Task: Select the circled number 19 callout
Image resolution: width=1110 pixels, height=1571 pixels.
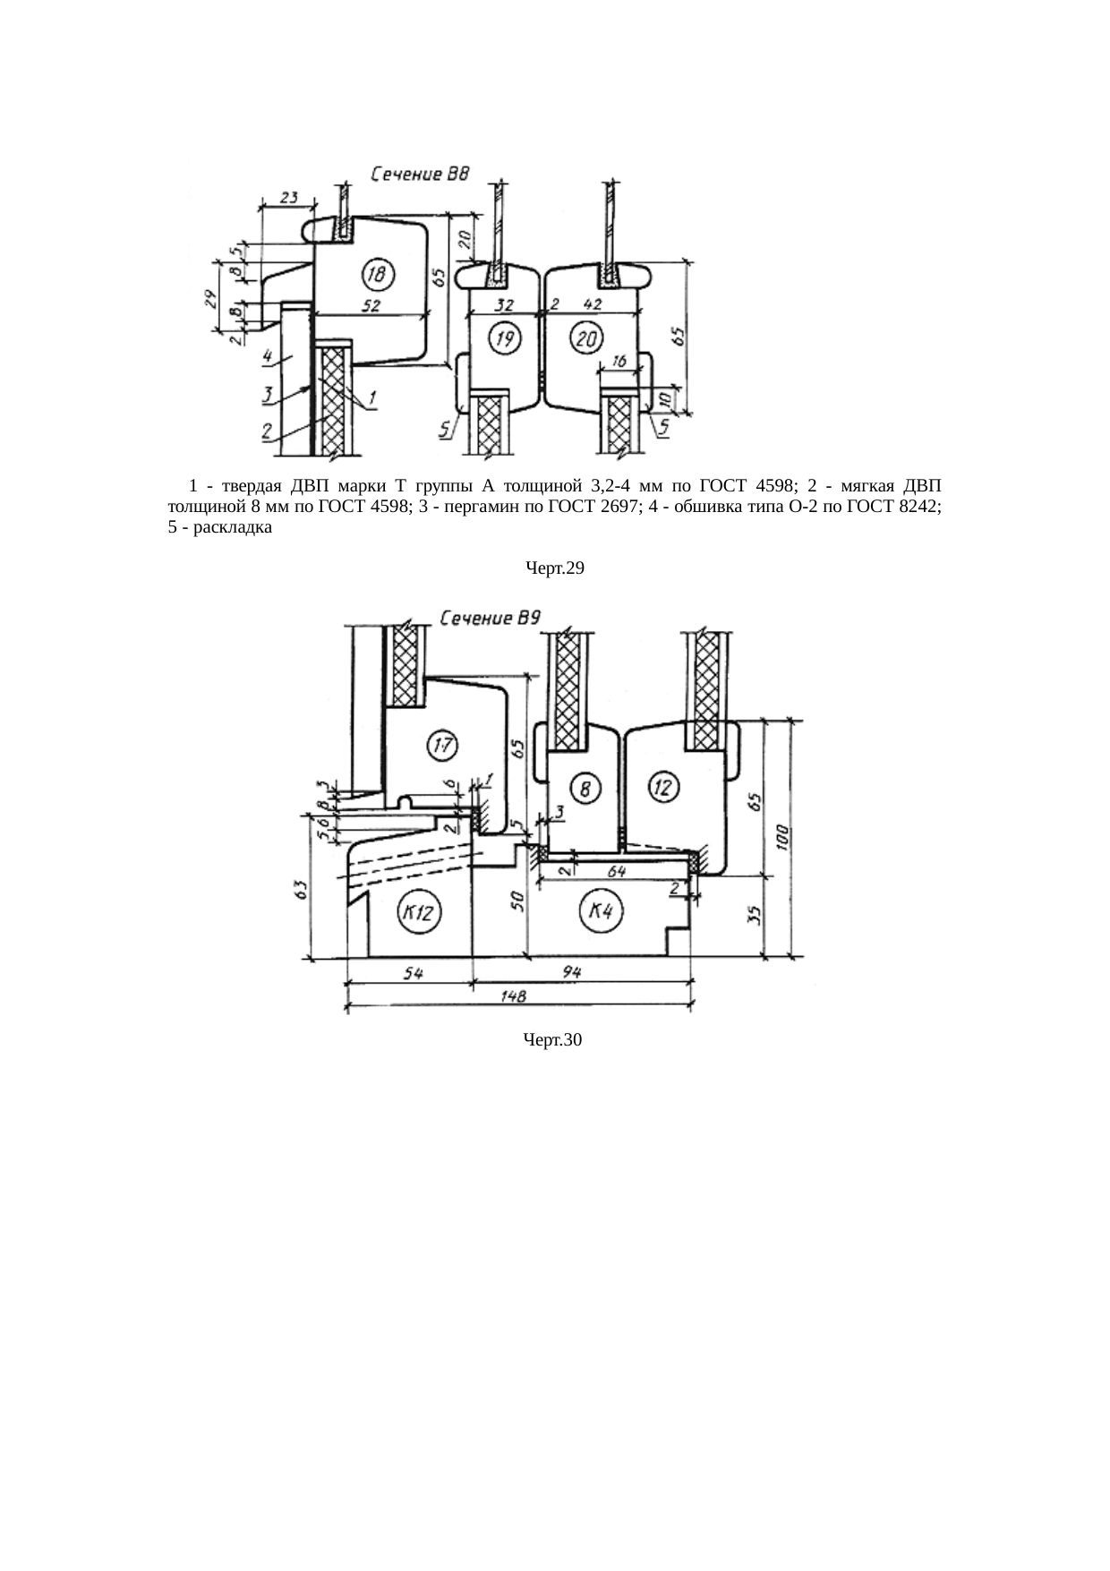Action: [505, 338]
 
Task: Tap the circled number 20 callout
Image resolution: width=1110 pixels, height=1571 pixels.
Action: [587, 338]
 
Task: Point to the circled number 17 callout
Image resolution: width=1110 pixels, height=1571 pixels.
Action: [443, 745]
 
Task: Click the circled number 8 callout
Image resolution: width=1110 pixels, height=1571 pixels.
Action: [585, 789]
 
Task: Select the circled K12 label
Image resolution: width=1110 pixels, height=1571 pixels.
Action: [417, 913]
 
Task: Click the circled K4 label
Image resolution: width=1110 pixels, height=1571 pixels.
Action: [600, 911]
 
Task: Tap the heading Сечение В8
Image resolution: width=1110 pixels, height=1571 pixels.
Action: [420, 175]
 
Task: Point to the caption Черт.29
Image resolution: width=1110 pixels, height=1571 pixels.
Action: [555, 568]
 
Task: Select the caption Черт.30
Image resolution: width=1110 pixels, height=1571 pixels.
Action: [554, 1039]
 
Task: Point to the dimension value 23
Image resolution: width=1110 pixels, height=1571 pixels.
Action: [288, 198]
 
